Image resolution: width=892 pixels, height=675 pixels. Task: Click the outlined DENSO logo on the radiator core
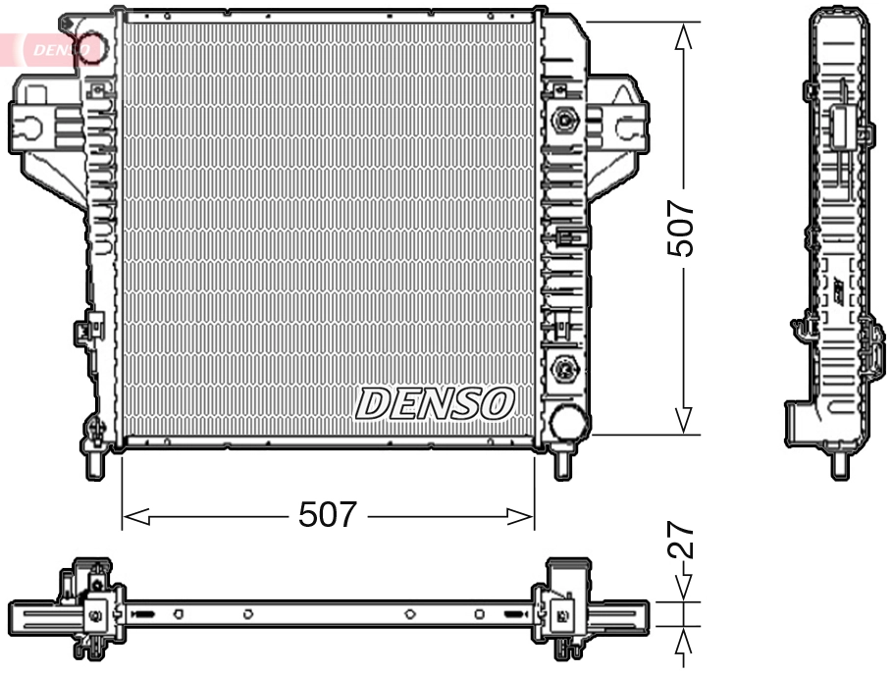point(435,403)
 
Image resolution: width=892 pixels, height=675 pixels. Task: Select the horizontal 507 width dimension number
point(329,515)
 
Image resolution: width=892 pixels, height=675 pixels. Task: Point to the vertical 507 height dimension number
point(681,230)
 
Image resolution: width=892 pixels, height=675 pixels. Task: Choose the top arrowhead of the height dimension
point(684,35)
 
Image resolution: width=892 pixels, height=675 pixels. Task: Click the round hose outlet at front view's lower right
point(569,422)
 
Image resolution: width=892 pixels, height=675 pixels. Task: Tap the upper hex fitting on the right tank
point(564,122)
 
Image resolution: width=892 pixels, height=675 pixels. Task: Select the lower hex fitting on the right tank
point(564,370)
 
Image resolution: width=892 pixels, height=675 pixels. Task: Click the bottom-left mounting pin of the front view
point(94,463)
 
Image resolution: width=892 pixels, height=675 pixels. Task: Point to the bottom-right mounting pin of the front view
point(562,464)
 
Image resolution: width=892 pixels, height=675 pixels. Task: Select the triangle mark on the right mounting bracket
point(622,94)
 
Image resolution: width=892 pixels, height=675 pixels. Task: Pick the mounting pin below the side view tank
point(840,465)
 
